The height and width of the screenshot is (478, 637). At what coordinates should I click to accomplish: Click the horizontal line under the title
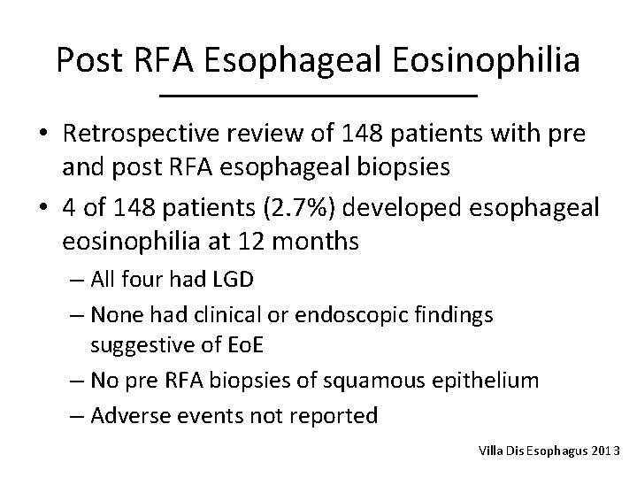pyautogui.click(x=318, y=95)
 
